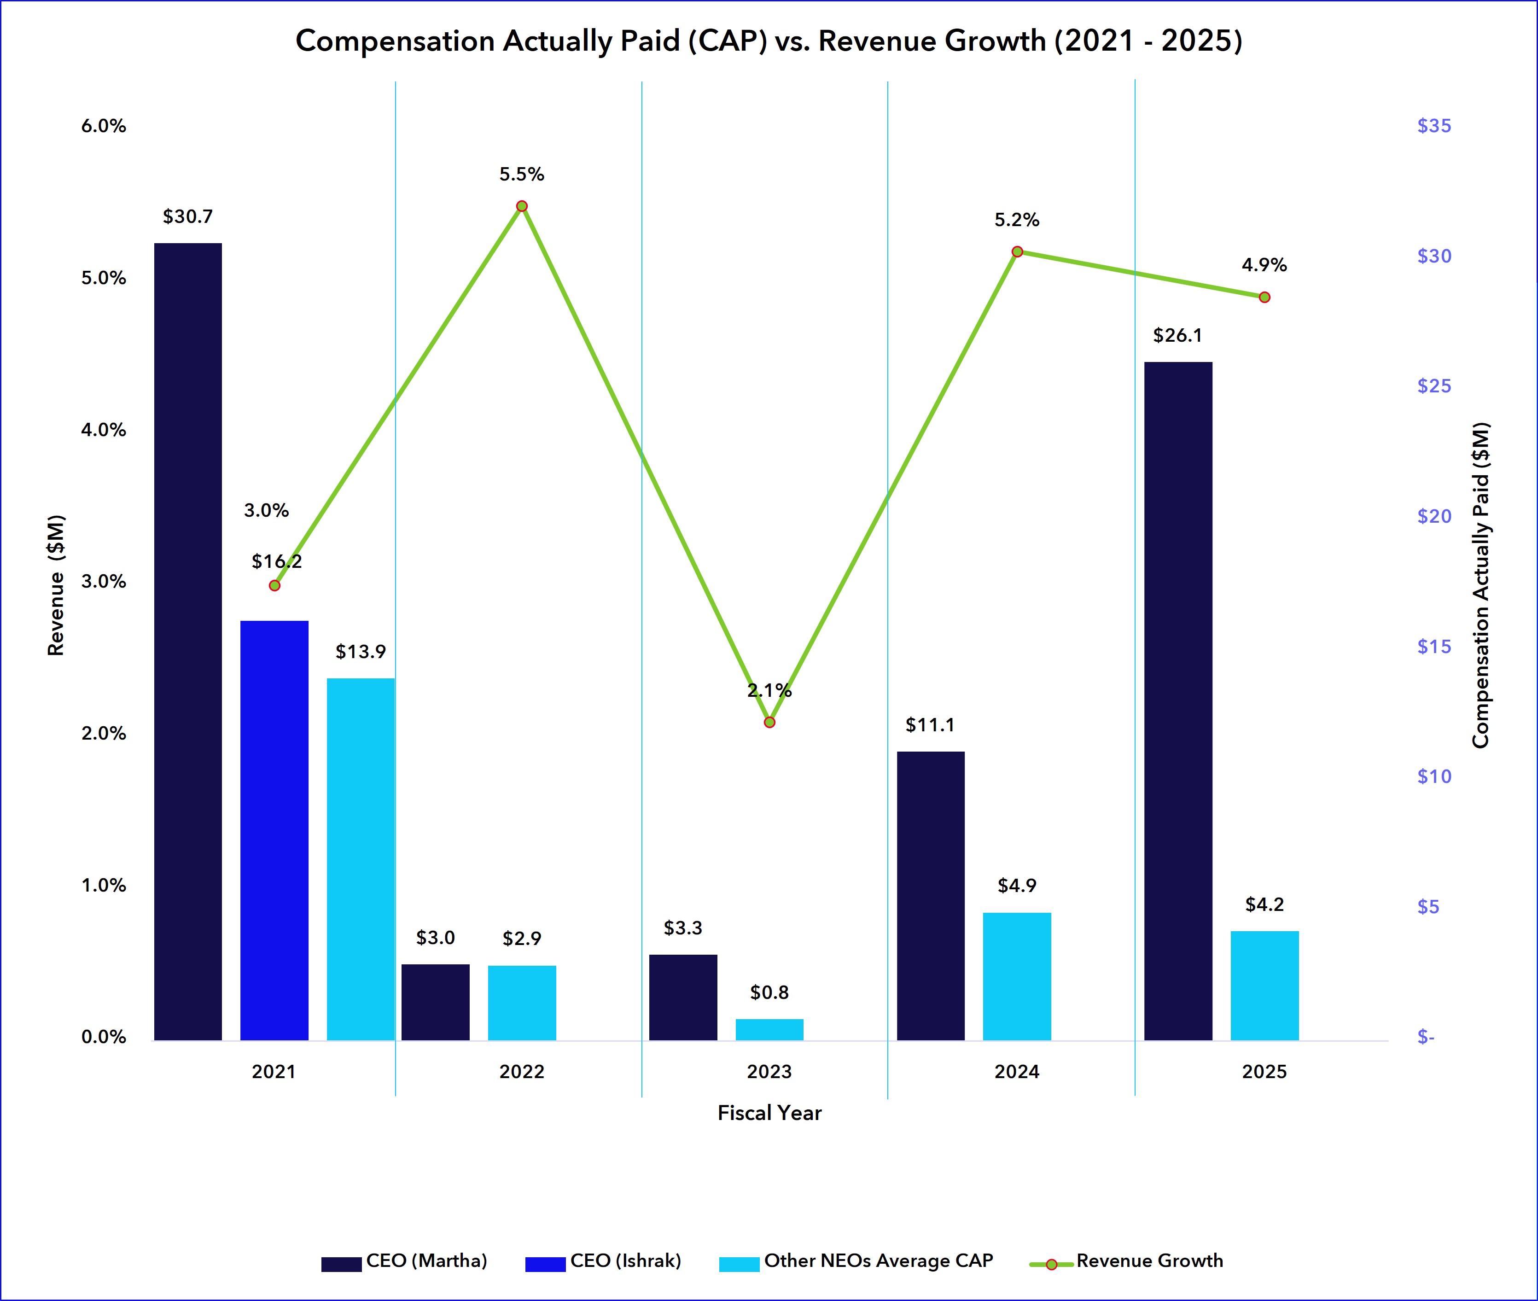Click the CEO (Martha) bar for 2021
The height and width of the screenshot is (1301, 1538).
click(x=187, y=642)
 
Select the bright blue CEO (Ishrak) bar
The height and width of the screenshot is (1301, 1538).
click(x=274, y=830)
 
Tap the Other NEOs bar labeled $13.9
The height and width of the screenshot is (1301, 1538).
click(x=361, y=859)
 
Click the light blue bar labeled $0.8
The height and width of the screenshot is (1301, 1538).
click(x=769, y=1030)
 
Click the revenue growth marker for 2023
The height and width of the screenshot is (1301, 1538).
click(x=769, y=722)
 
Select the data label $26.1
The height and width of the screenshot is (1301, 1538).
click(x=1177, y=336)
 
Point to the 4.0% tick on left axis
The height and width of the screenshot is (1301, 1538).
click(x=103, y=430)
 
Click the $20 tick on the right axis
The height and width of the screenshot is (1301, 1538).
click(x=1434, y=516)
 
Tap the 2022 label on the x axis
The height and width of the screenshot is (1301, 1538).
click(x=521, y=1072)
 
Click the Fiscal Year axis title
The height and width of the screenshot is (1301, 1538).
click(x=769, y=1113)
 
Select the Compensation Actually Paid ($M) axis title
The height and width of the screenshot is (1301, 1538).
click(x=1480, y=585)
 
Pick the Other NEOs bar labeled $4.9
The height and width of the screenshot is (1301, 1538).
click(x=1017, y=976)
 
